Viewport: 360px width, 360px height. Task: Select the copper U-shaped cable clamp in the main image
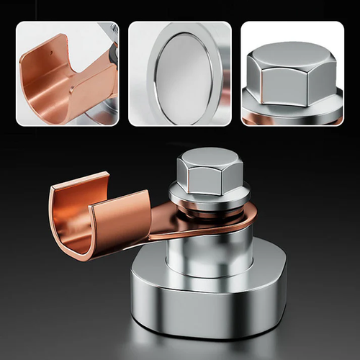click(94, 216)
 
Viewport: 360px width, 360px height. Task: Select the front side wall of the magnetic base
click(209, 310)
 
